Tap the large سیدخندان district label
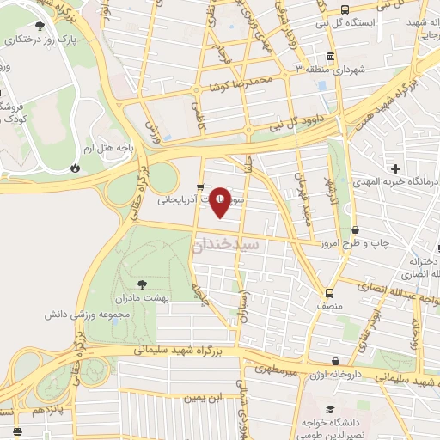pos(226,244)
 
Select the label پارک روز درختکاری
pos(40,40)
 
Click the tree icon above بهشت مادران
pos(142,284)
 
